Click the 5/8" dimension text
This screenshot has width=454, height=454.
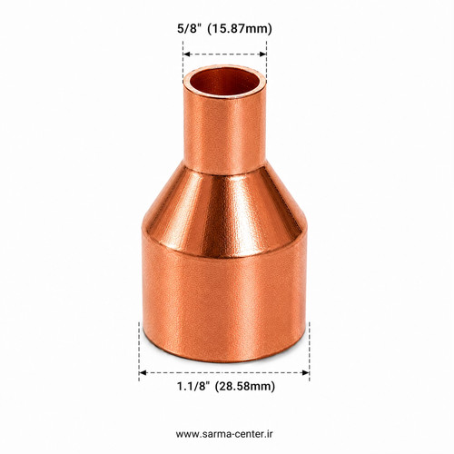[190, 28]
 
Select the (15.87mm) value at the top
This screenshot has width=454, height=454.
[240, 29]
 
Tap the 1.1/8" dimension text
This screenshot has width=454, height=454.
[193, 387]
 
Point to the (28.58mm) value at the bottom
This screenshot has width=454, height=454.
[245, 387]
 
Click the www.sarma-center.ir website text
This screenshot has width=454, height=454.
[224, 434]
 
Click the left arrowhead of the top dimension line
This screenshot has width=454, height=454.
[186, 54]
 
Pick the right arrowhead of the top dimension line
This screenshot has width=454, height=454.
[263, 54]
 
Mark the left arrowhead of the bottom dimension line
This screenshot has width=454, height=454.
[143, 372]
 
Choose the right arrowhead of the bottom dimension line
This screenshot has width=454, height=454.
[306, 372]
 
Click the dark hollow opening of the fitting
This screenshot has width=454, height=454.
[225, 82]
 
